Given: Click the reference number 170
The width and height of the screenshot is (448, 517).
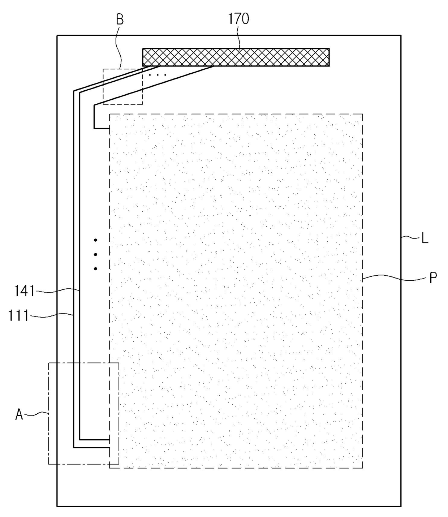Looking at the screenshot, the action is [x=238, y=19].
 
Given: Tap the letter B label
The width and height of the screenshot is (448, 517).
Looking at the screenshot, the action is [x=120, y=20].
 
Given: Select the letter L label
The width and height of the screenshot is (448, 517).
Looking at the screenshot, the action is [x=425, y=238].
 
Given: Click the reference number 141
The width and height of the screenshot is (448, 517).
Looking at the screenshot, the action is [x=24, y=291].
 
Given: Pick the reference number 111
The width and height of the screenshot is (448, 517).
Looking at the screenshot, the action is [x=18, y=315].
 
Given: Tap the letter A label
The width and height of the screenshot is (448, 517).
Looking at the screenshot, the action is [x=19, y=415].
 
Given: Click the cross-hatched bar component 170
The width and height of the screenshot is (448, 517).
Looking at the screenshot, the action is [x=236, y=57].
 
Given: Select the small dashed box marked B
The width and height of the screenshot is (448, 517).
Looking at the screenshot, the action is [x=123, y=87].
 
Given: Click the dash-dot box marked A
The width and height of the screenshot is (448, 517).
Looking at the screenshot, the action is [x=83, y=413].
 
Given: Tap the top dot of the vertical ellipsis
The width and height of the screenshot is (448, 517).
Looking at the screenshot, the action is [x=95, y=240].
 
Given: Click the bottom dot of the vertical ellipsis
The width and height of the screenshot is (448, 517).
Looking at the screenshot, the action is [x=95, y=269].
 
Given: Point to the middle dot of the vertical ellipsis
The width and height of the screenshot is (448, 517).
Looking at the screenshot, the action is [x=95, y=254].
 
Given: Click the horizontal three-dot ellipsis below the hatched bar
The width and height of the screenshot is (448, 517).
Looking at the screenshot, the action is [x=158, y=75].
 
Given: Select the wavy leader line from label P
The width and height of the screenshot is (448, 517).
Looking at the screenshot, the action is [x=394, y=277].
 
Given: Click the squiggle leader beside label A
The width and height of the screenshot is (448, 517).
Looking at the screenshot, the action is [x=36, y=414].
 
